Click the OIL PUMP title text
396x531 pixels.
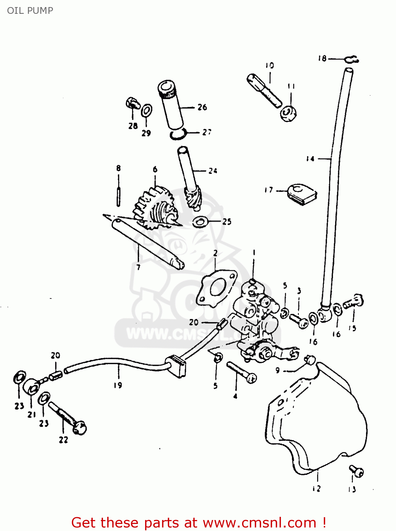coord(30,11)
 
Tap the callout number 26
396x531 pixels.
coord(202,107)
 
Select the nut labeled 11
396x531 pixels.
coord(288,114)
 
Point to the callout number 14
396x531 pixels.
coord(310,159)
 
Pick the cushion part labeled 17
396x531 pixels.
coord(302,194)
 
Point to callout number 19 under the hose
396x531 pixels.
coord(118,385)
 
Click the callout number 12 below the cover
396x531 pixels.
coord(316,489)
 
